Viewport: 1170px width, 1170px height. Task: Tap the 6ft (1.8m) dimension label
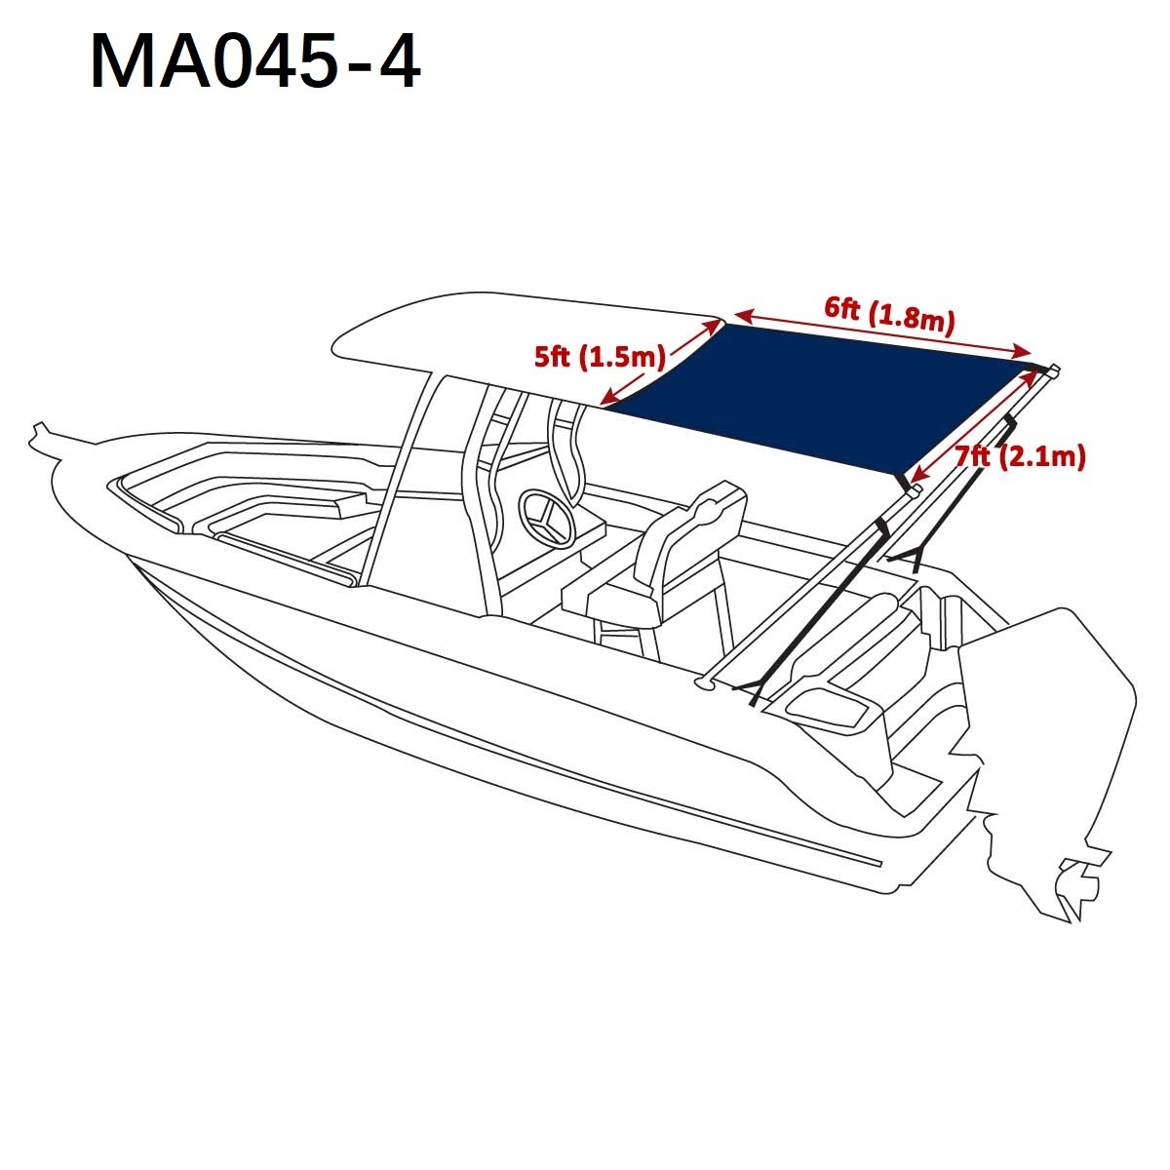pos(890,316)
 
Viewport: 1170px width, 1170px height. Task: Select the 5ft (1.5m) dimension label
pos(600,357)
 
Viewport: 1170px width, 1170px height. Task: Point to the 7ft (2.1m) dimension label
pos(1020,456)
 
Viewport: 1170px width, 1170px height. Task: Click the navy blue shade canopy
pos(820,398)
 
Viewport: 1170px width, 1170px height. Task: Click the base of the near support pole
pos(704,684)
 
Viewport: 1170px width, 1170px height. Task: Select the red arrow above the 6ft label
pos(883,332)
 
